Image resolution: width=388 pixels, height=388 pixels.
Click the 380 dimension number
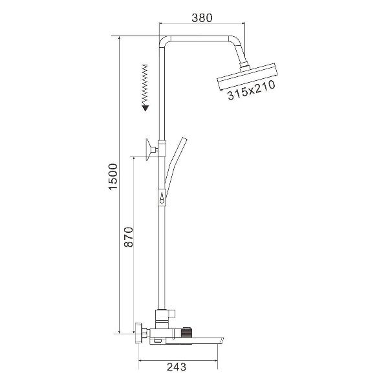click(202, 18)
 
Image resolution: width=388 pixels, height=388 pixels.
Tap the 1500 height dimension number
click(113, 177)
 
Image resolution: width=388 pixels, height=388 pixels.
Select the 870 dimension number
click(129, 237)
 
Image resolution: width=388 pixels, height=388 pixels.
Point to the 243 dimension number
click(176, 367)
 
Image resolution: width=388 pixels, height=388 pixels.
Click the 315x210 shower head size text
click(251, 91)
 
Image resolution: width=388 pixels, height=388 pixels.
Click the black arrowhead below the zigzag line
click(145, 108)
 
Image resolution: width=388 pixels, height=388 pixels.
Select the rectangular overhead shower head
click(246, 77)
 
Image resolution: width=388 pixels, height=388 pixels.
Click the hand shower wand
click(175, 168)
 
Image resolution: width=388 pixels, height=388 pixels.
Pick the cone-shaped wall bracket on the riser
click(151, 149)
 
